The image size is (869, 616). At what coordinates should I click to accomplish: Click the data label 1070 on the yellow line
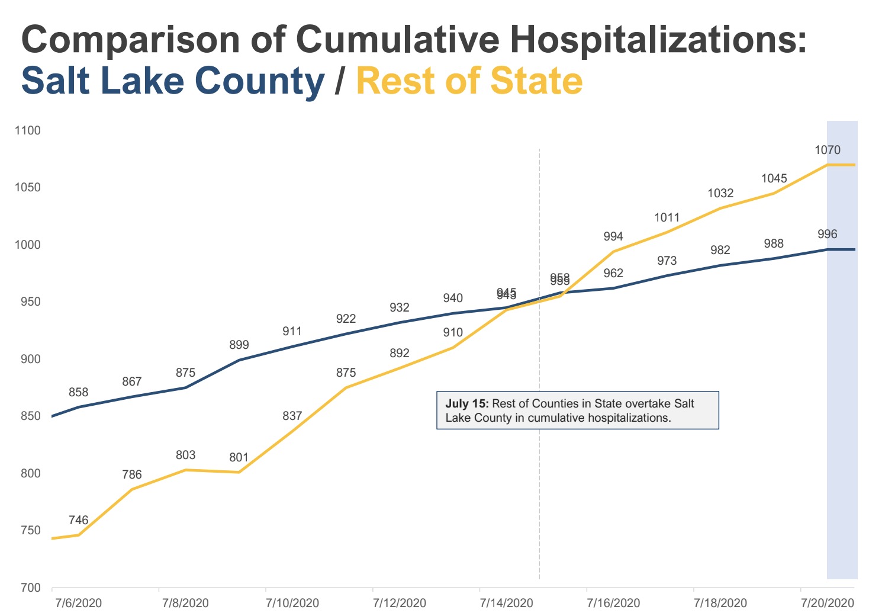[x=827, y=150]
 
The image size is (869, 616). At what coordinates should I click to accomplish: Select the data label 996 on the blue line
[x=827, y=234]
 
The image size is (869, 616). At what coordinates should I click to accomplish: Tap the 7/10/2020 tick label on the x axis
[x=292, y=603]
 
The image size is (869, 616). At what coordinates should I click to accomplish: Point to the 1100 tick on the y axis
[x=27, y=130]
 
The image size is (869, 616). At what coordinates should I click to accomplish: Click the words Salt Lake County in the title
[x=173, y=81]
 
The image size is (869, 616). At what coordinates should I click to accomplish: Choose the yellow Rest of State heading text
[x=469, y=81]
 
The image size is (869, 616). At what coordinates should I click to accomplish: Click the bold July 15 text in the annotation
[x=466, y=403]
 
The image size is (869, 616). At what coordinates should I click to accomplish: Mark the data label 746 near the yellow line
[x=78, y=520]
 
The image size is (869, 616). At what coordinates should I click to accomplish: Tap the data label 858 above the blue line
[x=78, y=392]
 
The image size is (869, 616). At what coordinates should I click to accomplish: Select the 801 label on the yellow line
[x=239, y=457]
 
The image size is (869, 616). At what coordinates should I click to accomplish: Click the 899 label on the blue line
[x=239, y=345]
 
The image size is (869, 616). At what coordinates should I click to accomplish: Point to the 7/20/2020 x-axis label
[x=827, y=603]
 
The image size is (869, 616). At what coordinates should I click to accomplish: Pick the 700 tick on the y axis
[x=31, y=588]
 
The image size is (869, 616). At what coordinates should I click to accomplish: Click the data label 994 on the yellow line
[x=613, y=236]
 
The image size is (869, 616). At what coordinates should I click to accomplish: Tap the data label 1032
[x=720, y=193]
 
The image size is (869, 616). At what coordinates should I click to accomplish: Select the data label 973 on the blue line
[x=667, y=261]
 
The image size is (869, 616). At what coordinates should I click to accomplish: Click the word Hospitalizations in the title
[x=658, y=40]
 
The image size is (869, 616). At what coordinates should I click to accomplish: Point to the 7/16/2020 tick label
[x=613, y=603]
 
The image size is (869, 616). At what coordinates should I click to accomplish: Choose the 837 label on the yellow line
[x=292, y=416]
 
